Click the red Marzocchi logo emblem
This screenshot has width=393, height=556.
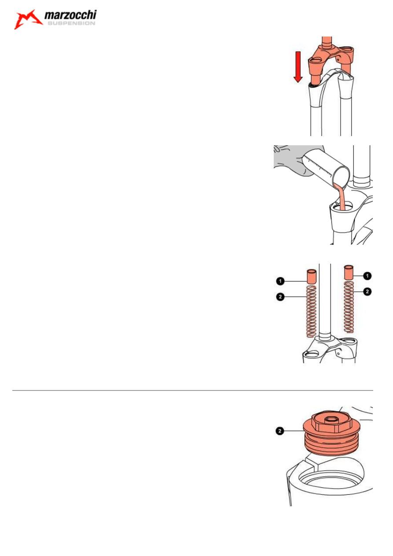coord(28,19)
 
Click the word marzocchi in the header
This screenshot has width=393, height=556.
coord(70,15)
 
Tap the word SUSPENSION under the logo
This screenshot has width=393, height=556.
coord(71,23)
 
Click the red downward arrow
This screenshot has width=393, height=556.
coord(298,67)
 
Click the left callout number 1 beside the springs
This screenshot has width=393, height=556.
coord(280,281)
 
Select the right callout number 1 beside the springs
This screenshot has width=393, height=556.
coord(367,276)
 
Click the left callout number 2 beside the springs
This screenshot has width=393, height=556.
coord(280,297)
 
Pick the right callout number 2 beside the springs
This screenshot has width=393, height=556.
coord(367,291)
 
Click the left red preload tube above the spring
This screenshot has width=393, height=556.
coord(312,276)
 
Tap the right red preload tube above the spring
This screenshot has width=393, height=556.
coord(349,272)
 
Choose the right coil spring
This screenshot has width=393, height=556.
coord(349,307)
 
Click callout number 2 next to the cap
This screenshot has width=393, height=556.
coord(280,431)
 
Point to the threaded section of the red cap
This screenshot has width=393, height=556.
coord(331,444)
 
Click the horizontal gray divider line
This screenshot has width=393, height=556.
coord(192,390)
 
